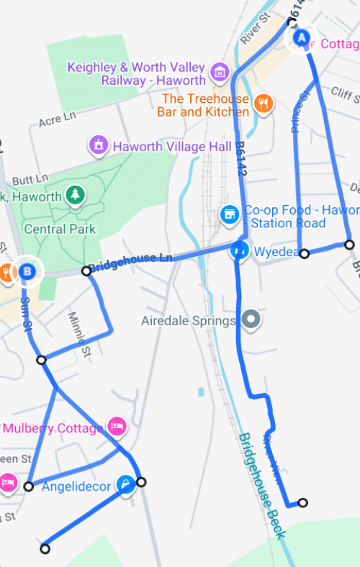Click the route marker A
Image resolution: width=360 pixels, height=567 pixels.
(302, 36)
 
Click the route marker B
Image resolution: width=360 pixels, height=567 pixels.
(27, 271)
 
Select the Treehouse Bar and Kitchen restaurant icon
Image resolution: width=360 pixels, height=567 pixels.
(264, 104)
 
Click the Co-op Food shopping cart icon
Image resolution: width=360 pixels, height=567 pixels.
(229, 214)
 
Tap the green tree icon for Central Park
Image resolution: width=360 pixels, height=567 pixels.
(75, 195)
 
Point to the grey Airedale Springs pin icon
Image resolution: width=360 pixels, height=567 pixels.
(251, 319)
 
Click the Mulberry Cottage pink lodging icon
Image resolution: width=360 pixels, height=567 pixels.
(117, 427)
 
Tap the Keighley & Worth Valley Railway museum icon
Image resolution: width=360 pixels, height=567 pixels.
(220, 72)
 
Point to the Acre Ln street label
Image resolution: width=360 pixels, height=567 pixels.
(57, 117)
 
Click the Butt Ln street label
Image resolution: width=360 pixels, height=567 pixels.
(31, 178)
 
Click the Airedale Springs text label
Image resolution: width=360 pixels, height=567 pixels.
(189, 320)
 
